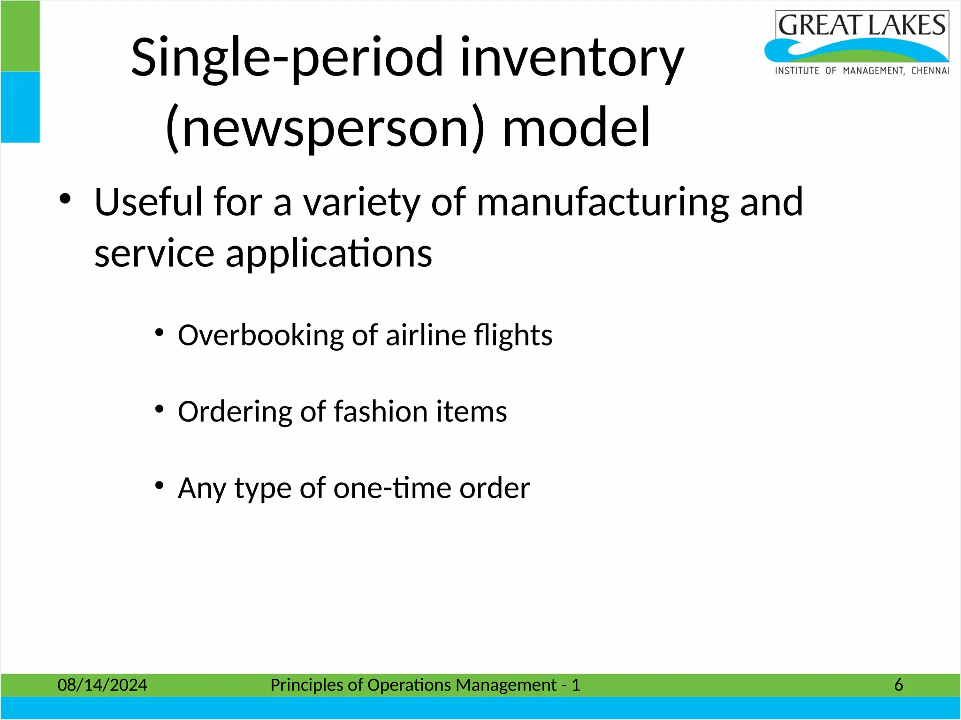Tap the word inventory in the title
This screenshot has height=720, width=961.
(x=572, y=59)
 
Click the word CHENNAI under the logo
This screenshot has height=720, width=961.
(x=930, y=71)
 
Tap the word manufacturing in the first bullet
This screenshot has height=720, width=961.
(x=603, y=202)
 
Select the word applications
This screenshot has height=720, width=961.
(x=328, y=254)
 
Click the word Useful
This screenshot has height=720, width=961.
(x=148, y=202)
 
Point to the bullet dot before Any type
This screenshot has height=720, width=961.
(x=160, y=486)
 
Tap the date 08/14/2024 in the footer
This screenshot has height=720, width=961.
(x=102, y=685)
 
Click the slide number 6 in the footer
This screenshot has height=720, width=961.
(x=898, y=685)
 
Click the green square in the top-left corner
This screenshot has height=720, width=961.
(x=20, y=36)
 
